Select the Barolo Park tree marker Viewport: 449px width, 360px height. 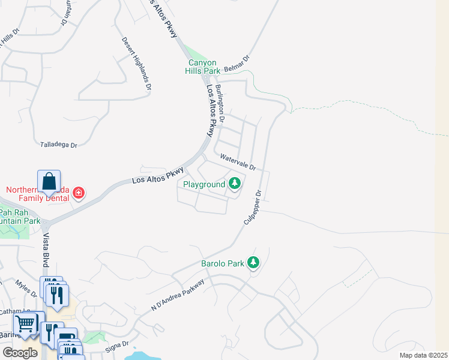254,262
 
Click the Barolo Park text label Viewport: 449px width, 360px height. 223,263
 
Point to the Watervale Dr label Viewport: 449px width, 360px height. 238,161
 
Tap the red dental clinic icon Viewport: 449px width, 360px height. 79,193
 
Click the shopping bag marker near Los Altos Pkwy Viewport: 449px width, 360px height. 49,182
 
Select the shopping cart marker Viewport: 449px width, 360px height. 25,324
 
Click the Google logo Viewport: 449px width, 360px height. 20,353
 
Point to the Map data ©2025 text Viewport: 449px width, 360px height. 423,355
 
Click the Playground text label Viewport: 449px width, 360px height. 204,184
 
